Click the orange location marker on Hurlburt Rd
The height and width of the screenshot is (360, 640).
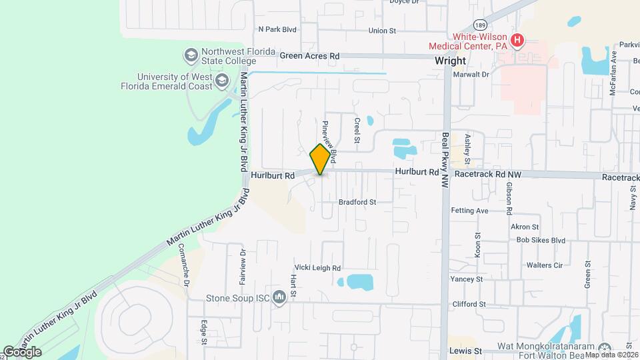[321, 159]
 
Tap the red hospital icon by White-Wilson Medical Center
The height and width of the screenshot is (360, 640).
[517, 42]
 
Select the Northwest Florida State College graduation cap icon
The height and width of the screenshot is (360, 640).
[191, 54]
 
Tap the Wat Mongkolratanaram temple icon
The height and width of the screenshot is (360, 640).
[605, 349]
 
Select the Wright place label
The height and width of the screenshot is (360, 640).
[450, 60]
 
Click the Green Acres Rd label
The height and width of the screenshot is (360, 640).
[309, 56]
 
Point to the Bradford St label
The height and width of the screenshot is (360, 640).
[357, 201]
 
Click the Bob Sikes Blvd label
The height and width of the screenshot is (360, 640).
[540, 240]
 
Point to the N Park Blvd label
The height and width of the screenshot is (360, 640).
[277, 30]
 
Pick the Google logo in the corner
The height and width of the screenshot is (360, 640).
[22, 352]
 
